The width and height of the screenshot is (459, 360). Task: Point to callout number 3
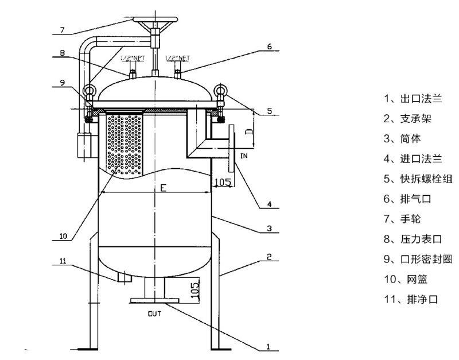pyautogui.click(x=269, y=228)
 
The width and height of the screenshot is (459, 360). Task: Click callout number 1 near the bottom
pyautogui.click(x=268, y=347)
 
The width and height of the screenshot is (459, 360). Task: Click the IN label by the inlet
pyautogui.click(x=243, y=156)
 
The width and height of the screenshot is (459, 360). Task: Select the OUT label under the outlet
pyautogui.click(x=155, y=313)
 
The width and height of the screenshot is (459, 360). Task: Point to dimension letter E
pyautogui.click(x=163, y=188)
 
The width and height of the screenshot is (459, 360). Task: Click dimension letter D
pyautogui.click(x=247, y=132)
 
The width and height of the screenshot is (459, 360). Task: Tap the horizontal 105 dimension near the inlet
pyautogui.click(x=223, y=183)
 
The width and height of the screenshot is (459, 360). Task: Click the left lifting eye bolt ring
pyautogui.click(x=90, y=90)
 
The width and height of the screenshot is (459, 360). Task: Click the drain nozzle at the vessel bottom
pyautogui.click(x=124, y=277)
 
